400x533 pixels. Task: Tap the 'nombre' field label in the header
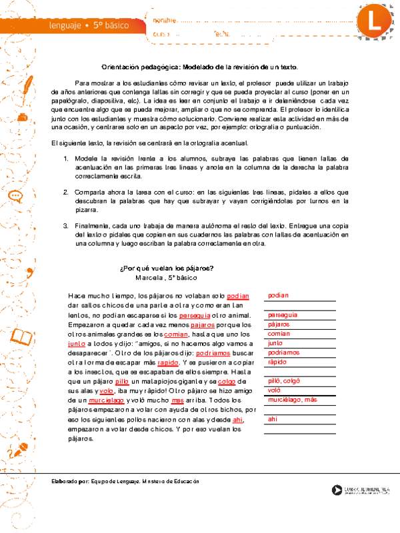pos(165,21)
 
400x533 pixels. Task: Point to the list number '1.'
pos(66,159)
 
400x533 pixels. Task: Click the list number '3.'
pos(66,226)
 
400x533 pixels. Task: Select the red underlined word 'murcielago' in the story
pos(106,401)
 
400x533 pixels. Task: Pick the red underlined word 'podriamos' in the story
pos(215,353)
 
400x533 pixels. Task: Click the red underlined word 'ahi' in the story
pos(237,420)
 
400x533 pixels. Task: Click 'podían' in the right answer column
pos(279,295)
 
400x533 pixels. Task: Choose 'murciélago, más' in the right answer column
pos(292,400)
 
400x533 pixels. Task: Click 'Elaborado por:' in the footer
pos(71,481)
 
